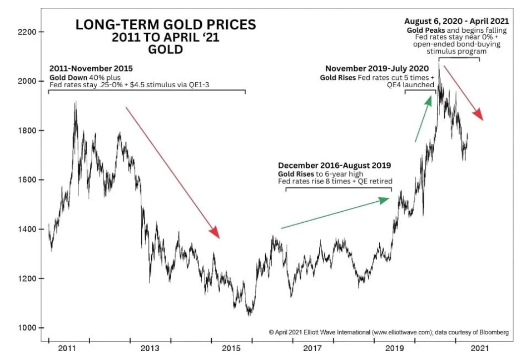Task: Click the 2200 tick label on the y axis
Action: pos(27,32)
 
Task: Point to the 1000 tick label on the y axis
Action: pos(27,328)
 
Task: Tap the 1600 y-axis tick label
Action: pos(27,180)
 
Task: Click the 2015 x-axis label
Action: pos(232,348)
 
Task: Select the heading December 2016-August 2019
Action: pos(335,165)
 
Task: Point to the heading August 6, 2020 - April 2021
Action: pos(456,21)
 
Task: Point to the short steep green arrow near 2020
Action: pos(422,119)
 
